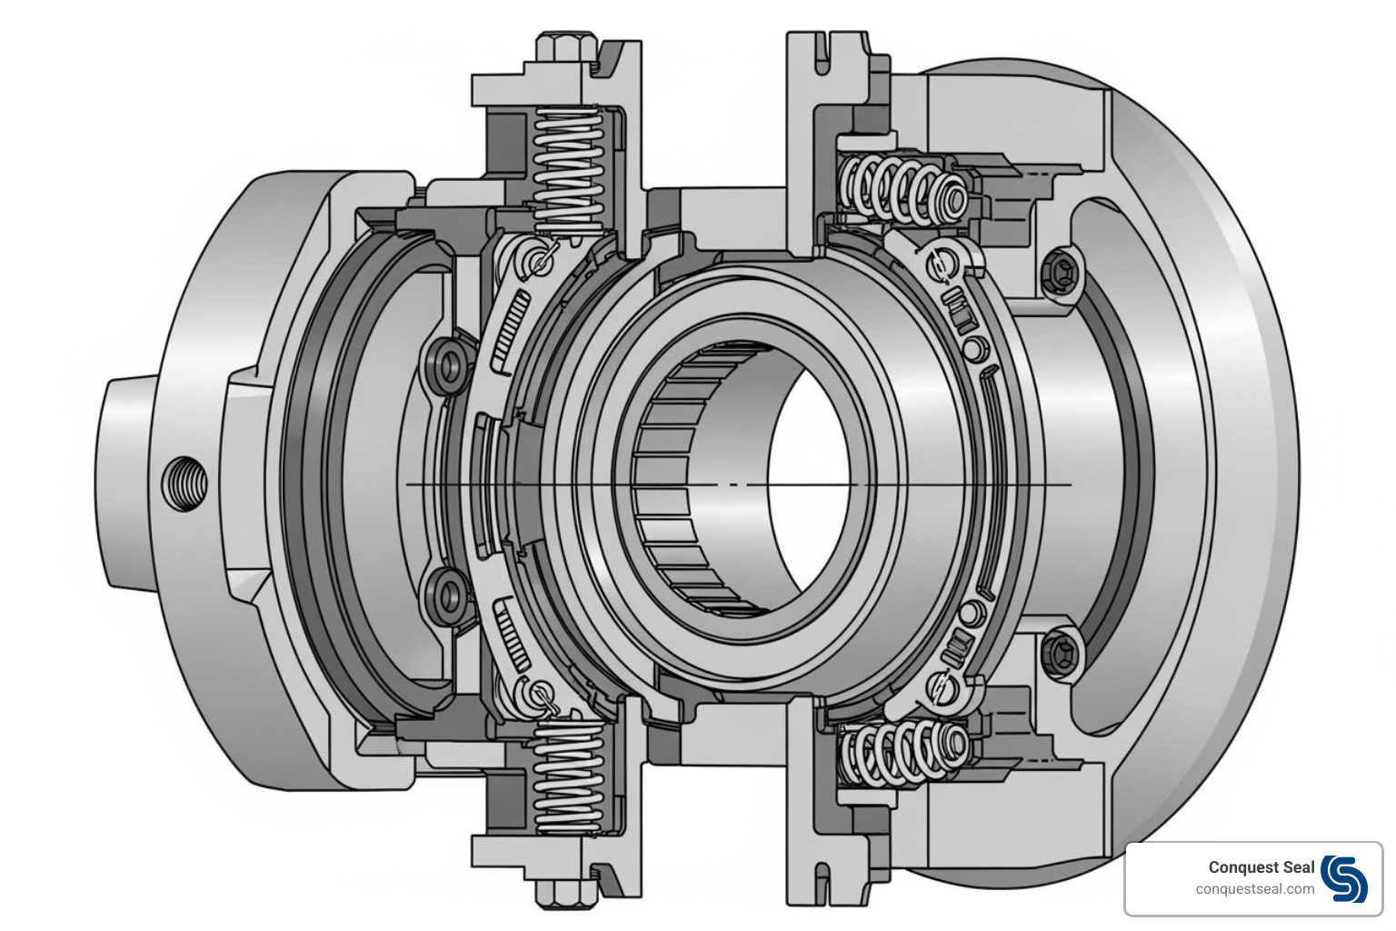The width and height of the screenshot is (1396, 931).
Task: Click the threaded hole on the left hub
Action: [x=184, y=483]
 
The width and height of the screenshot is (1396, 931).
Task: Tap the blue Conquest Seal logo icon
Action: [x=1343, y=878]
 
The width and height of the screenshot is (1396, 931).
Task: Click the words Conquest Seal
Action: [x=1261, y=867]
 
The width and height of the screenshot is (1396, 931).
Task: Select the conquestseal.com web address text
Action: [x=1254, y=889]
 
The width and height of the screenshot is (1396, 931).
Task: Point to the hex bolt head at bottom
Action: [x=566, y=892]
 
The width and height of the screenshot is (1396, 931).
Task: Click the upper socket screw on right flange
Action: [x=1060, y=269]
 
